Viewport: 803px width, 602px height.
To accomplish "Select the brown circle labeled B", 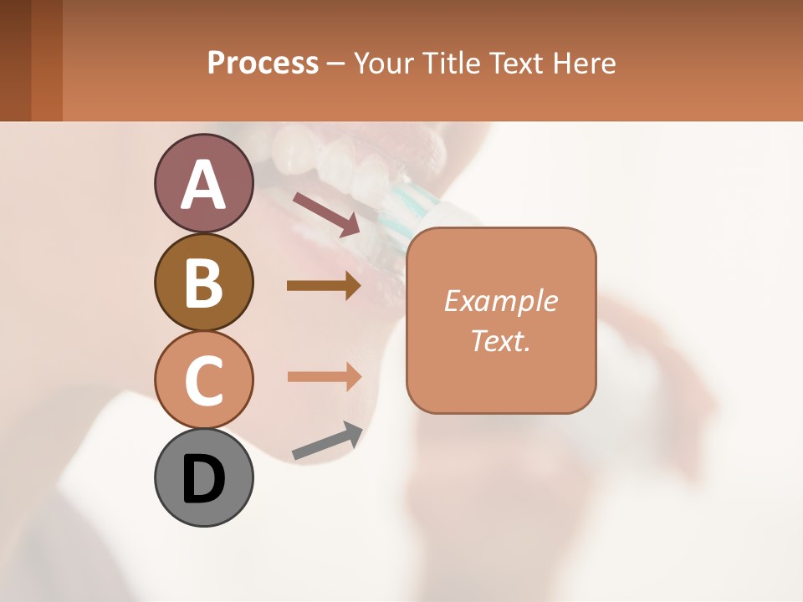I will (x=203, y=282).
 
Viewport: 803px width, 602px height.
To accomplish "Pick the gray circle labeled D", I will (x=203, y=477).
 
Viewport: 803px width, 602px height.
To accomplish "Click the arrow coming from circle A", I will (x=325, y=212).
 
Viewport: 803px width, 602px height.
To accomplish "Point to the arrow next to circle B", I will (x=323, y=286).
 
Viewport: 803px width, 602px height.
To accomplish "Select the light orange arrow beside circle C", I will (x=323, y=376).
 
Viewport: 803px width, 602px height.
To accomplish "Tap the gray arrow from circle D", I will (x=326, y=441).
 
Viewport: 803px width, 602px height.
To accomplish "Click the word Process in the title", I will (x=263, y=63).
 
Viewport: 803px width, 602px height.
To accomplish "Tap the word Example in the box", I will (x=500, y=301).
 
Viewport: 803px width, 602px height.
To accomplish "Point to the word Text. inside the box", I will (x=500, y=340).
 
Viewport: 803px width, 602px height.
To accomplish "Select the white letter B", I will (x=203, y=283).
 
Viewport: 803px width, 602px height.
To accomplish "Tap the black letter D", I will (x=203, y=478).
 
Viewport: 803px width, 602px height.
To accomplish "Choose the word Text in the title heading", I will (x=518, y=63).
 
